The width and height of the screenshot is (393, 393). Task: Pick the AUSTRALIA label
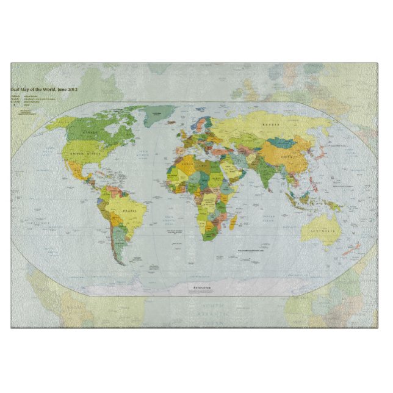pyautogui.click(x=323, y=231)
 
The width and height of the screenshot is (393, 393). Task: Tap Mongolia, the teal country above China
pyautogui.click(x=283, y=143)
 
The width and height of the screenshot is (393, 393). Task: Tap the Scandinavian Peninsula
pyautogui.click(x=202, y=124)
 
